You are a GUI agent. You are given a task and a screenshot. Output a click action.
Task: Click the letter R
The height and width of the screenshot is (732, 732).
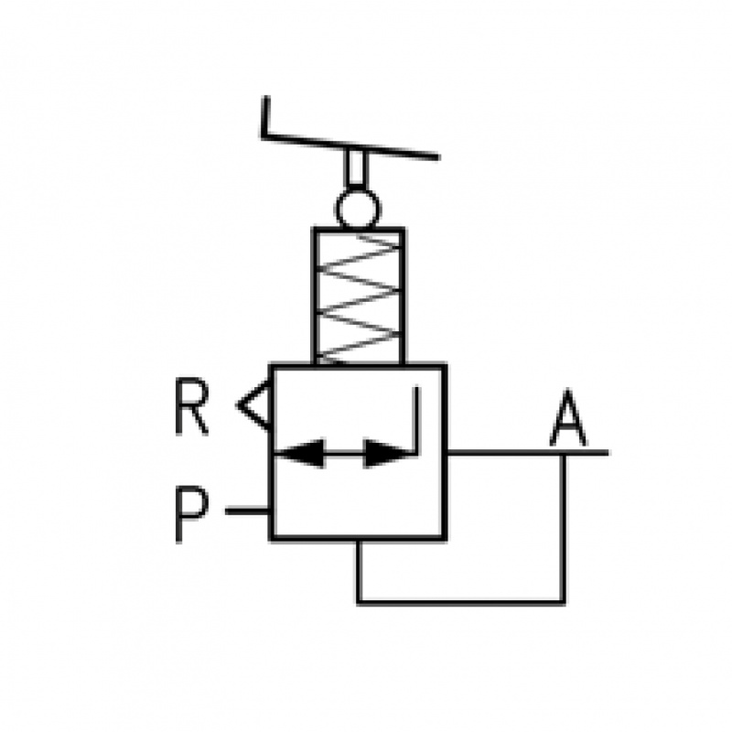(191, 408)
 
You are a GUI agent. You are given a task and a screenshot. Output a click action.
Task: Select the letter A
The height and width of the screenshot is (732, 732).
(568, 421)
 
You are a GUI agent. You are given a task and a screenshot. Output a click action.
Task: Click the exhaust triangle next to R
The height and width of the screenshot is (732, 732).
(255, 404)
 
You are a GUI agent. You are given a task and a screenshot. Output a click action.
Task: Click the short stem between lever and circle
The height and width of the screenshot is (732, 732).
(357, 170)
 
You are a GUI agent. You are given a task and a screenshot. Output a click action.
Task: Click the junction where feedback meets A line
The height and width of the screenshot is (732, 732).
(564, 452)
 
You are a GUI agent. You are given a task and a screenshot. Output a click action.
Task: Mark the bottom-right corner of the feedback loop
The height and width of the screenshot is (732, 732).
(564, 601)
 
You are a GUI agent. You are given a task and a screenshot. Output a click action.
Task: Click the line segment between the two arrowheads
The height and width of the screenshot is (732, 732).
(345, 452)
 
